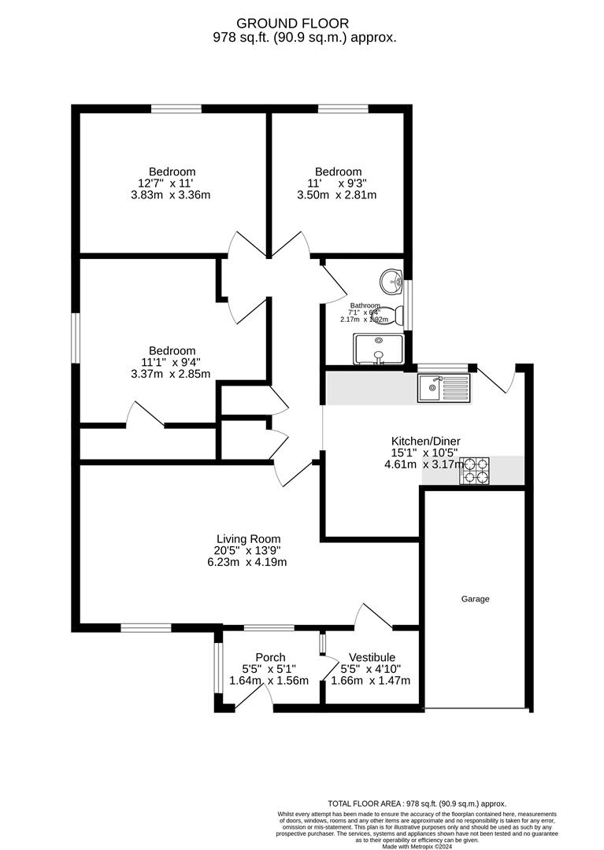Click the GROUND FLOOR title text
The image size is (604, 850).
click(x=303, y=24)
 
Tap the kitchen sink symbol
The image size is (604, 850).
click(x=444, y=386)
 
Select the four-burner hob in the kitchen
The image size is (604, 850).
click(x=476, y=470)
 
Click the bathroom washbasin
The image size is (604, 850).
click(x=391, y=279)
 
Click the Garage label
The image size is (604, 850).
click(x=475, y=599)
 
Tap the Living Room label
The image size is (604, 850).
click(x=249, y=539)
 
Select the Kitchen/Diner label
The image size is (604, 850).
click(x=426, y=441)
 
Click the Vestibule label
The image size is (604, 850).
click(x=372, y=658)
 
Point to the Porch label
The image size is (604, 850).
click(x=270, y=658)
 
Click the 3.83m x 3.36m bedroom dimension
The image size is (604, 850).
click(x=172, y=195)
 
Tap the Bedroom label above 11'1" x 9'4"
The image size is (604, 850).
click(x=172, y=351)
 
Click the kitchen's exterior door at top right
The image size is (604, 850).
click(x=497, y=379)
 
